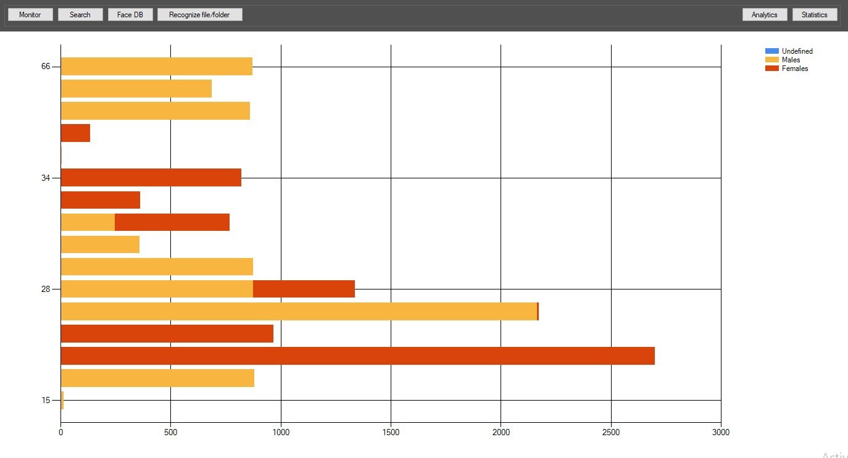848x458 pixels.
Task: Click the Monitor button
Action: coord(30,14)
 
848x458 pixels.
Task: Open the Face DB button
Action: coord(130,14)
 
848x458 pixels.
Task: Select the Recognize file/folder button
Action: coord(199,14)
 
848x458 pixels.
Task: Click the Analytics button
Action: coord(764,14)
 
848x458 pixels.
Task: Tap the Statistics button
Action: coord(814,14)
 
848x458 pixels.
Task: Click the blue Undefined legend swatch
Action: coord(771,51)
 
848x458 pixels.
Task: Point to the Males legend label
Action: coord(791,60)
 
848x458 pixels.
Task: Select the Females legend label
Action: coord(794,69)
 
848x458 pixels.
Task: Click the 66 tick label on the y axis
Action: coord(46,67)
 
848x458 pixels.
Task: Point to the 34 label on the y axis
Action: coord(46,178)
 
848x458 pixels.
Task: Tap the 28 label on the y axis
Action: coord(46,289)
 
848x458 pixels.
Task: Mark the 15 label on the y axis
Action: coord(46,400)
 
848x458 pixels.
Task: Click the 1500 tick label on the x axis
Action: coord(391,433)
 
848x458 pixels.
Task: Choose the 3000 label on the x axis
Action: coord(720,433)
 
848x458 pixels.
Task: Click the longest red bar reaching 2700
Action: coord(357,356)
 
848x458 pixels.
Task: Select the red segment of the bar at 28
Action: coord(304,289)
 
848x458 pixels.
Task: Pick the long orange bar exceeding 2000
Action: coord(299,311)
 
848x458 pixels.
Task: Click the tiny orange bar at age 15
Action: coord(62,400)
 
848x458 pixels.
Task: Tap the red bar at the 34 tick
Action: coord(151,178)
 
